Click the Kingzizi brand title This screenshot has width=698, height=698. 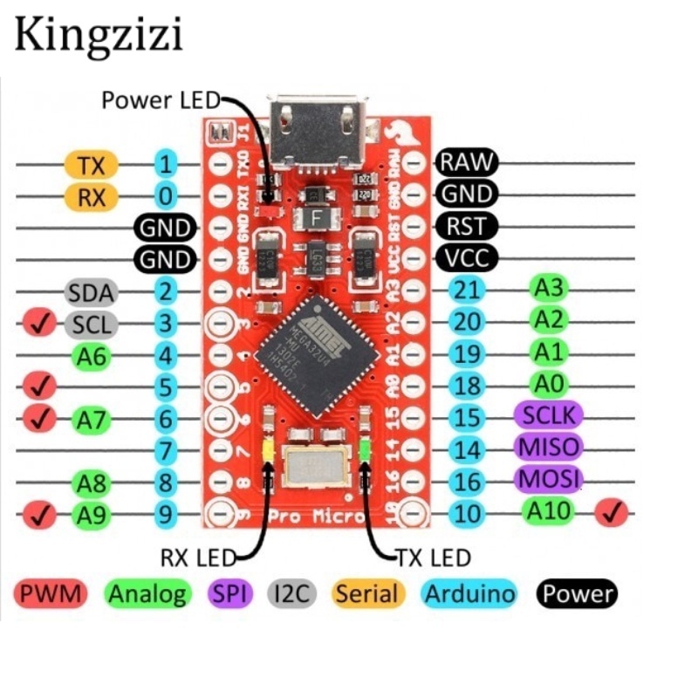tap(98, 37)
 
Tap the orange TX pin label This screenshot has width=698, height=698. tap(91, 164)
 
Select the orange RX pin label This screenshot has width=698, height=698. tap(91, 196)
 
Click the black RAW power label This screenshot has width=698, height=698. tap(467, 161)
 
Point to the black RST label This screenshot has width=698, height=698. tap(467, 226)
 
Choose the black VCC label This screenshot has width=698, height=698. tap(467, 258)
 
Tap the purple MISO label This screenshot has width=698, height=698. tap(547, 448)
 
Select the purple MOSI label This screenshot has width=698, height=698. tap(547, 479)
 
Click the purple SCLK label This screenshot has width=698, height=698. tap(547, 415)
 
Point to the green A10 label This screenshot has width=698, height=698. tap(548, 511)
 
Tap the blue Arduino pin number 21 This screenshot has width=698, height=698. tap(469, 290)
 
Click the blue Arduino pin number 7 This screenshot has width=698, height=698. tap(165, 452)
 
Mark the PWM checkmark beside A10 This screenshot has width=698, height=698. tap(612, 514)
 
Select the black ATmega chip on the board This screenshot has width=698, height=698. tap(319, 352)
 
